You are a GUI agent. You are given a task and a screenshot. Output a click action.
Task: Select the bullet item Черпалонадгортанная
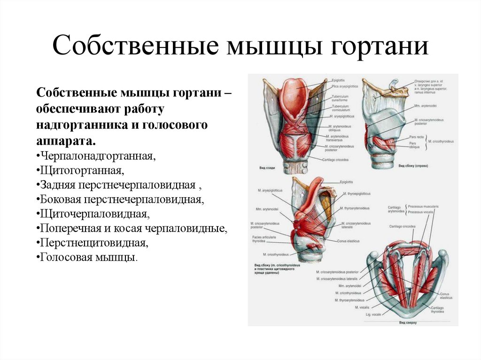coord(98,155)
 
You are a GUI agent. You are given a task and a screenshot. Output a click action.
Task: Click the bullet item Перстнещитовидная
coord(94,243)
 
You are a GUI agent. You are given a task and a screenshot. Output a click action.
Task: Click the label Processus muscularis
coord(424,207)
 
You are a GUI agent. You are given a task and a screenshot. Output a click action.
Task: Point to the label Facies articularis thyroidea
coord(260,240)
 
